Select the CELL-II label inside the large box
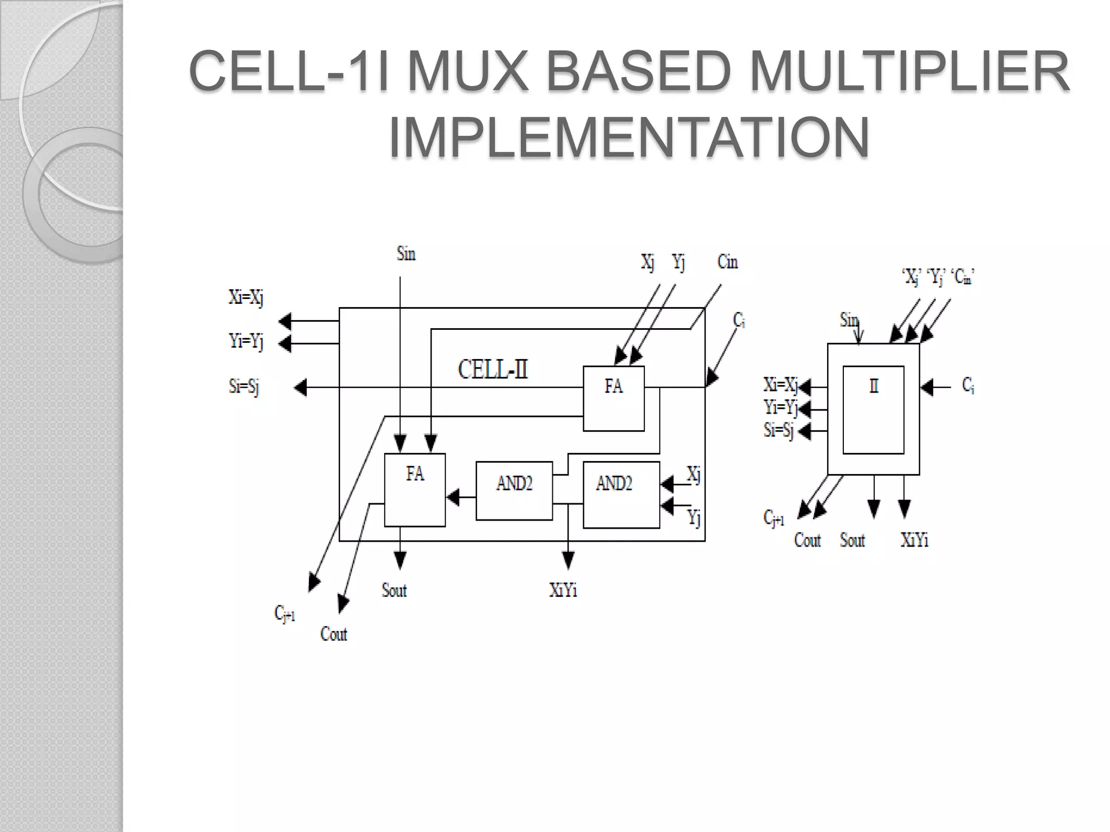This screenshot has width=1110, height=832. tap(493, 370)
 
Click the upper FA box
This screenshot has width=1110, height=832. tap(614, 398)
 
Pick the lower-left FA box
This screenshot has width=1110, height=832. tap(415, 490)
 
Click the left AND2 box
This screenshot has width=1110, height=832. tap(514, 491)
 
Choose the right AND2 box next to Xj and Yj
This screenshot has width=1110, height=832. tap(621, 494)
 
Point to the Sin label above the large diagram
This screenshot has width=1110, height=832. tap(406, 253)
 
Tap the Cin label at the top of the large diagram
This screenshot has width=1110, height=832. tap(727, 262)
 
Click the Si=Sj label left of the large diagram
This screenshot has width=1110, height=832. tap(244, 387)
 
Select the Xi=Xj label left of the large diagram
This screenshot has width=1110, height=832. tap(246, 297)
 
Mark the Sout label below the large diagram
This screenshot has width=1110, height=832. tap(394, 590)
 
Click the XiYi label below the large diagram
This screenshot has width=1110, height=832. tap(563, 590)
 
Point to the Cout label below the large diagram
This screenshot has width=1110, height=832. tap(333, 634)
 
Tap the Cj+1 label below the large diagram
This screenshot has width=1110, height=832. tap(285, 614)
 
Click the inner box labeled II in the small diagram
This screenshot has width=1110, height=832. tap(873, 409)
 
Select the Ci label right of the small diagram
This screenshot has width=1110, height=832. tap(968, 386)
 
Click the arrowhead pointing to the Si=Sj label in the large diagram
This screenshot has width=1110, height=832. tap(300, 387)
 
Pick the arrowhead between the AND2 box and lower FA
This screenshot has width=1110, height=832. tap(453, 497)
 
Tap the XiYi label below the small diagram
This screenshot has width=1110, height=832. tap(914, 540)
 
